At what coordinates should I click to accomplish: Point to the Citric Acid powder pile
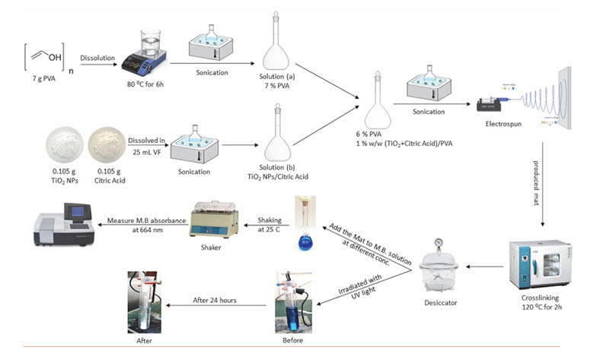coord(107,142)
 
